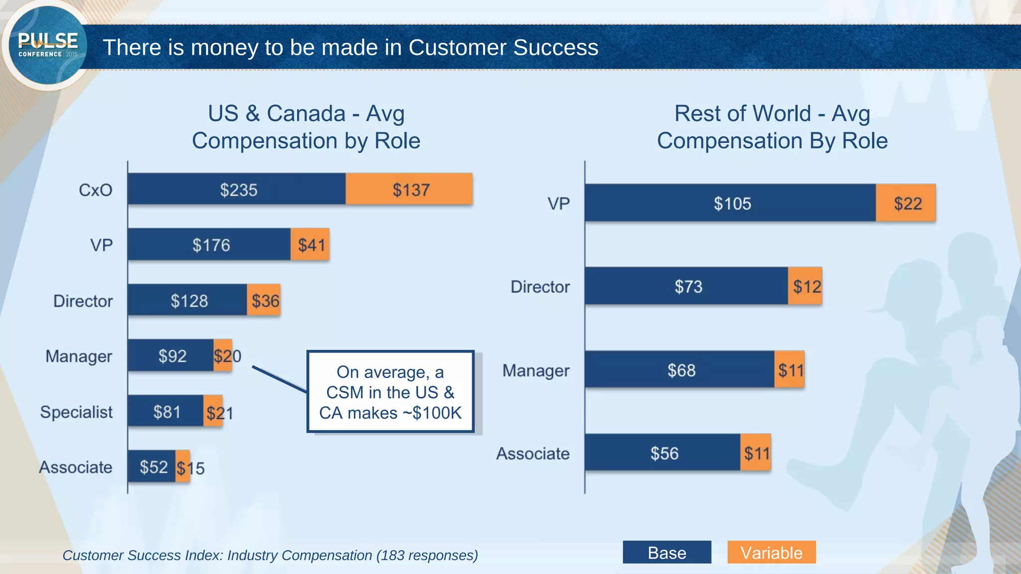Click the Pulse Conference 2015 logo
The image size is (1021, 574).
click(x=47, y=46)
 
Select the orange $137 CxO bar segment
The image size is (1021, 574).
click(x=409, y=189)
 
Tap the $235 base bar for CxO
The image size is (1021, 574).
click(x=237, y=189)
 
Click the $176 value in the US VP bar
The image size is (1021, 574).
click(x=211, y=245)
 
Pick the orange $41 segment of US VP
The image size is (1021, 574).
click(x=310, y=245)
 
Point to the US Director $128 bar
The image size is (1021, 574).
click(x=188, y=300)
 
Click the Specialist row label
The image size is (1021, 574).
click(x=76, y=412)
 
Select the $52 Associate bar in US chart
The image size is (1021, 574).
click(x=152, y=467)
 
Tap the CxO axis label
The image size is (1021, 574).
click(x=95, y=190)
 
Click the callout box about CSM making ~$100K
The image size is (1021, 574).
click(x=390, y=392)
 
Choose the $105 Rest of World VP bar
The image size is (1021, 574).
click(x=731, y=203)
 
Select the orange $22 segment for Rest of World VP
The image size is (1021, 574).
click(x=906, y=203)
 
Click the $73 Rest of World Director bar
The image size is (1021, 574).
click(x=687, y=287)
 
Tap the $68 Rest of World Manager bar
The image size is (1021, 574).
click(x=681, y=370)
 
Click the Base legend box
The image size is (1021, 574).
click(x=667, y=553)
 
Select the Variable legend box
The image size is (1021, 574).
click(x=771, y=553)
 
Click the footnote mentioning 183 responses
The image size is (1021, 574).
click(x=270, y=555)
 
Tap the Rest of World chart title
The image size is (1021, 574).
click(x=772, y=127)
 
